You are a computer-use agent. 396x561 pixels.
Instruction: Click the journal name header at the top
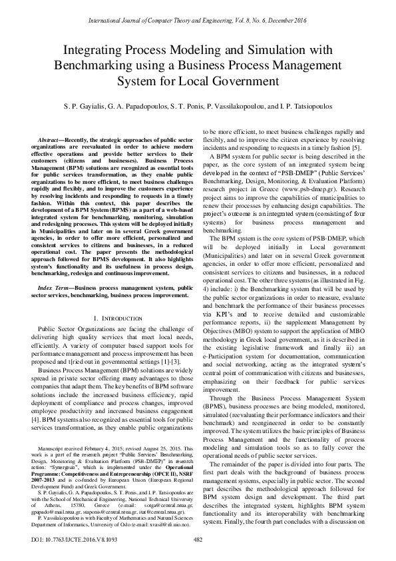198,21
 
